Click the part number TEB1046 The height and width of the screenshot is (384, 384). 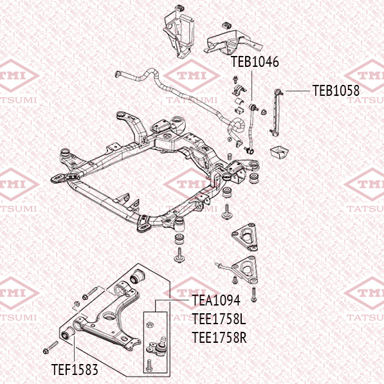pyautogui.click(x=255, y=62)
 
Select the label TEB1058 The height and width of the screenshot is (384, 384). pyautogui.click(x=336, y=91)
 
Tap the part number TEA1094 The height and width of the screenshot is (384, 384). pyautogui.click(x=216, y=300)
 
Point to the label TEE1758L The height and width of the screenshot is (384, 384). pyautogui.click(x=219, y=319)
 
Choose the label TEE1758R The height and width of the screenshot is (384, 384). pyautogui.click(x=219, y=338)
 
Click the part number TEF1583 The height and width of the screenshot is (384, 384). pyautogui.click(x=75, y=370)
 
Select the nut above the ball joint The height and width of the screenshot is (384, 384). pyautogui.click(x=149, y=325)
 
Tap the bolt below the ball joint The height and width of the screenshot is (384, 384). pyautogui.click(x=149, y=365)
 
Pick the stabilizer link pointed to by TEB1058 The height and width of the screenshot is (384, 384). pyautogui.click(x=276, y=113)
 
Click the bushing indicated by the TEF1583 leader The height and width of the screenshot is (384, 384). pyautogui.click(x=68, y=333)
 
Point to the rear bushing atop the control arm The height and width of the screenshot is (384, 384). pyautogui.click(x=137, y=276)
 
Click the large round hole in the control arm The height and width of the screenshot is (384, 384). pyautogui.click(x=109, y=316)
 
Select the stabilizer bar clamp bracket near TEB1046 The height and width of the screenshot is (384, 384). pyautogui.click(x=239, y=90)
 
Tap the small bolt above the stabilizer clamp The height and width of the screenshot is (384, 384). pyautogui.click(x=235, y=79)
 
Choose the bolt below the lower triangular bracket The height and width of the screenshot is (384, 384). pyautogui.click(x=253, y=295)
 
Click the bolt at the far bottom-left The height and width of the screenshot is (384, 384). pyautogui.click(x=51, y=347)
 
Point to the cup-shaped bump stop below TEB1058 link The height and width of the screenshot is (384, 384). pyautogui.click(x=279, y=152)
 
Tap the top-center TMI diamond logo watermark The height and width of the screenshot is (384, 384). pyautogui.click(x=192, y=76)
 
